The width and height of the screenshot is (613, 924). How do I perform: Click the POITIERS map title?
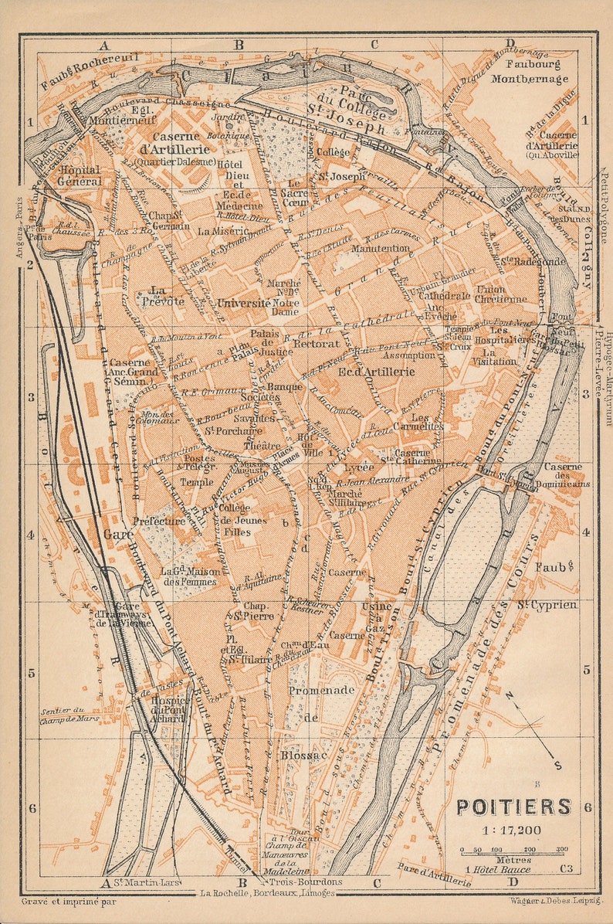[513, 807]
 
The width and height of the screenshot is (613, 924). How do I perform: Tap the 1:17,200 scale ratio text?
[513, 831]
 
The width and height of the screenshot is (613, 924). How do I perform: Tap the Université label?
[244, 303]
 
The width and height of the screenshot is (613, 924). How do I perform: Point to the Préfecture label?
[159, 521]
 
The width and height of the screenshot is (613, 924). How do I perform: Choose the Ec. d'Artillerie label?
[377, 371]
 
